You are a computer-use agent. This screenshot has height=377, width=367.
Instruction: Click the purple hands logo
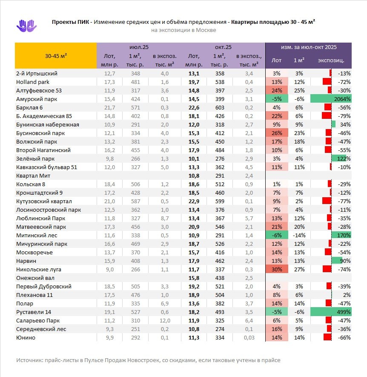point(26,26)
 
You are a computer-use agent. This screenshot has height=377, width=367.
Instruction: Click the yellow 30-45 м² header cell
point(56,56)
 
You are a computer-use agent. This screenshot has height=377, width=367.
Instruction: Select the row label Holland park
point(33,82)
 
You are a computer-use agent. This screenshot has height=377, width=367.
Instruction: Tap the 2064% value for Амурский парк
point(341,99)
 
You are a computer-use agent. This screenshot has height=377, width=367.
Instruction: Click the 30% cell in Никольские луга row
point(276,269)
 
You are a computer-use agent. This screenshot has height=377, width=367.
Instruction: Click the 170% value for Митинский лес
point(344,235)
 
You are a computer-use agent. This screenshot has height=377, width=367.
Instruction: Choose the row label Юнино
point(26,337)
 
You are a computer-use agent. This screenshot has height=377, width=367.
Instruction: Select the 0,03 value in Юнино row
point(249,337)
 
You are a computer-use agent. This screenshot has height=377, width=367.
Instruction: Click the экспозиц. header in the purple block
point(331,60)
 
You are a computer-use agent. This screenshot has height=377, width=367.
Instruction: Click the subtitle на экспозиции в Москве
point(183,30)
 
